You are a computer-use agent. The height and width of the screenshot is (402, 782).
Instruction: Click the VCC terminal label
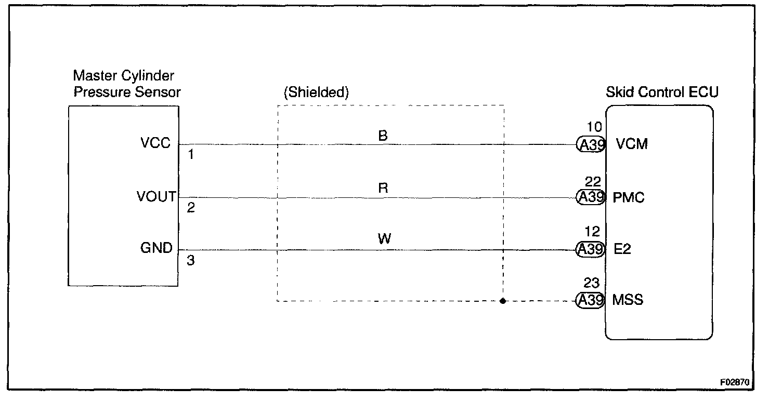(155, 143)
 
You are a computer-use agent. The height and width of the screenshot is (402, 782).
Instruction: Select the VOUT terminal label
(157, 196)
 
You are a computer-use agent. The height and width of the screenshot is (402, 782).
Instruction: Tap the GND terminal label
(157, 248)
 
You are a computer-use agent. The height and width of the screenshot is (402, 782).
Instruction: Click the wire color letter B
(383, 136)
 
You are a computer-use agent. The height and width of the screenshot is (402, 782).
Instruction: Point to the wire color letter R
(383, 188)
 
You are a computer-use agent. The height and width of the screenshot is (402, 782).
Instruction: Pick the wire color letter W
(384, 239)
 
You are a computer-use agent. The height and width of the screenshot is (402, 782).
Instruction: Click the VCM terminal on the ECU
(631, 144)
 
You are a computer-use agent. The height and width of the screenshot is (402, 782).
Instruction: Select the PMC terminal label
(629, 197)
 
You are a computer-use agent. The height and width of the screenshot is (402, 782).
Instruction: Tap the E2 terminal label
(622, 249)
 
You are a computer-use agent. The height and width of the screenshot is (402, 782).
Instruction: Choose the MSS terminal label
(628, 300)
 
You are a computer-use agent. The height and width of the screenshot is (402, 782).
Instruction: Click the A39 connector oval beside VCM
(591, 145)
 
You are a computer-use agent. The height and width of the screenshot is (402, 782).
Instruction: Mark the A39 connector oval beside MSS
(591, 301)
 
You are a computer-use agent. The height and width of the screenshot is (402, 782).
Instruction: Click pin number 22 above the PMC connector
(593, 182)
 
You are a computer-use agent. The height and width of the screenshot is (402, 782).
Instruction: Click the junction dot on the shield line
(502, 301)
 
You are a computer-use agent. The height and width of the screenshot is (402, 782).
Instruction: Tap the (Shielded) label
(316, 93)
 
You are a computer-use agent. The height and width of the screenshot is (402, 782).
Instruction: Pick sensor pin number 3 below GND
(191, 261)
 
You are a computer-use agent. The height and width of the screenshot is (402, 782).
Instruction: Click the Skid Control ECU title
(662, 93)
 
